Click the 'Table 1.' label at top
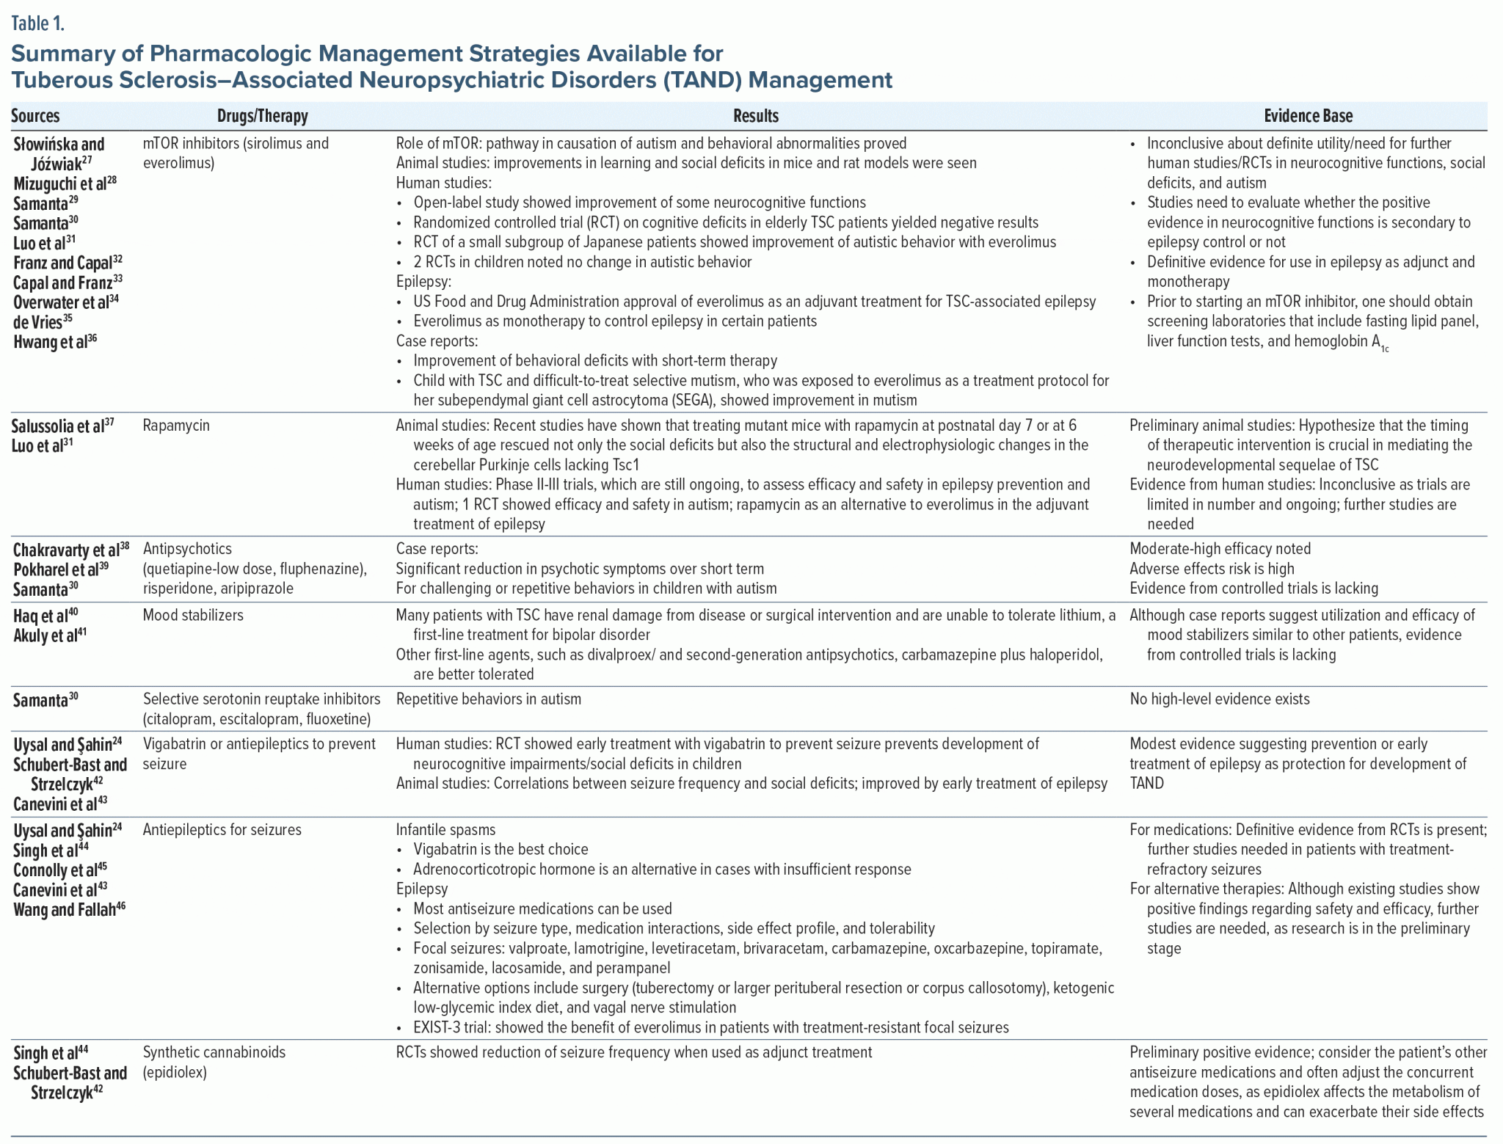pyautogui.click(x=37, y=23)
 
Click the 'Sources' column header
pyautogui.click(x=35, y=116)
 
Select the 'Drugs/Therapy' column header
pyautogui.click(x=262, y=116)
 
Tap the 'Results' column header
pyautogui.click(x=755, y=116)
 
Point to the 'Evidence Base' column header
pyautogui.click(x=1308, y=116)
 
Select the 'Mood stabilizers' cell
pyautogui.click(x=193, y=616)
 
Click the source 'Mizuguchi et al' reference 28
pyautogui.click(x=65, y=183)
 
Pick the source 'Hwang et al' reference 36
pyautogui.click(x=55, y=342)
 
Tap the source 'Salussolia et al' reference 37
pyautogui.click(x=62, y=426)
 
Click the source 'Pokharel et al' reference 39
pyautogui.click(x=61, y=570)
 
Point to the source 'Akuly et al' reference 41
pyautogui.click(x=50, y=635)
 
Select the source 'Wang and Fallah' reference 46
pyautogui.click(x=69, y=910)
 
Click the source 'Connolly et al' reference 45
pyautogui.click(x=60, y=870)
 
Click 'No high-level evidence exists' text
pyautogui.click(x=1219, y=699)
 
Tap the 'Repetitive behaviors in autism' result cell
pyautogui.click(x=488, y=699)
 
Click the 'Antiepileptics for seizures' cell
pyautogui.click(x=222, y=830)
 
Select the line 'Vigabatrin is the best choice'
pyautogui.click(x=501, y=850)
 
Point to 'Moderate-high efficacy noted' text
pyautogui.click(x=1220, y=549)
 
